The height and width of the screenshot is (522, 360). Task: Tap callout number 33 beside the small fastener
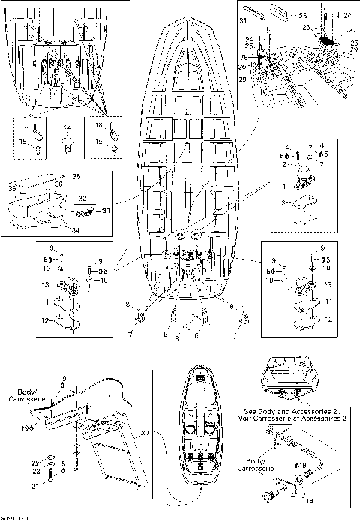point(106,211)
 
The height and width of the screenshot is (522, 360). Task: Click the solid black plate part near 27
point(327,34)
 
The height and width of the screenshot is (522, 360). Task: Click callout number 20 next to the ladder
point(144,433)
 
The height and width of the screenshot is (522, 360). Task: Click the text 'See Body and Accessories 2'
point(295,411)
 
